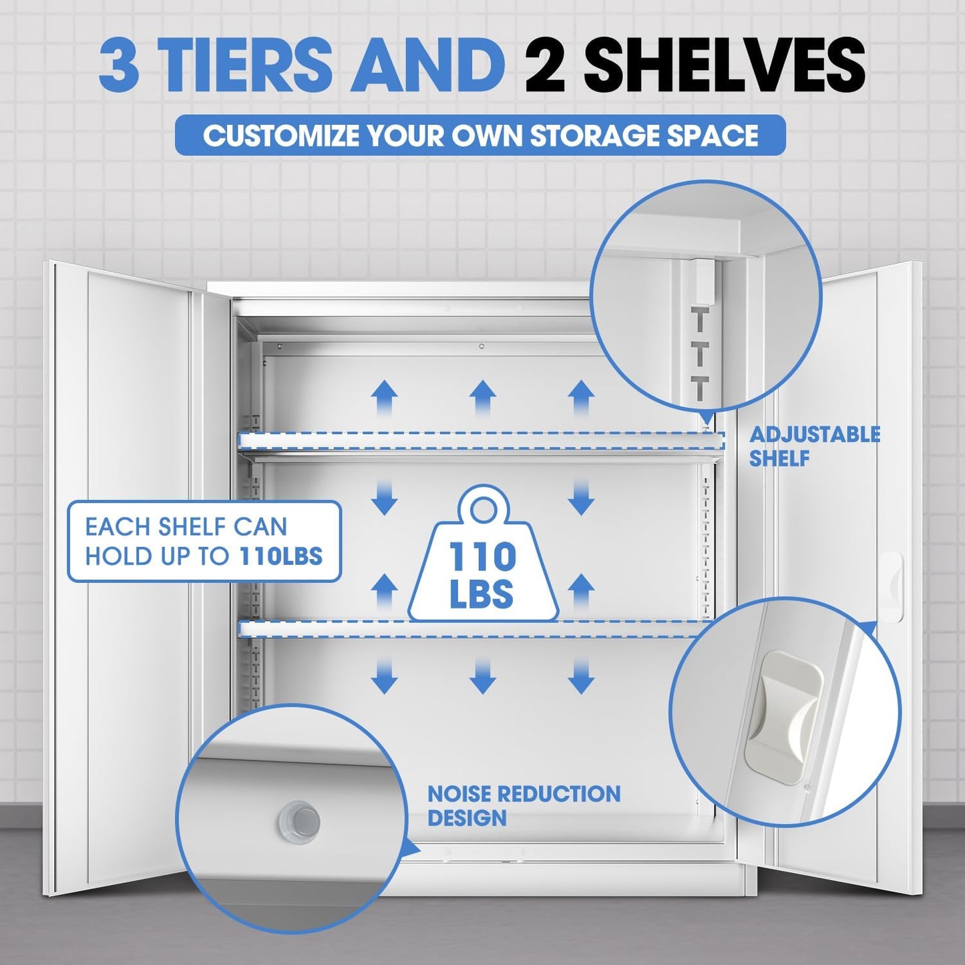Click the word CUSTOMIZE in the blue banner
(281, 136)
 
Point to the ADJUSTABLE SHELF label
(814, 446)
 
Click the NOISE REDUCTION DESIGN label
(524, 805)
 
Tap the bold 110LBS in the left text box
(280, 556)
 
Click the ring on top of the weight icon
(483, 510)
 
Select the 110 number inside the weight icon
(482, 556)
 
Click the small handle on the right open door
(892, 587)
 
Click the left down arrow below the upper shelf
(384, 497)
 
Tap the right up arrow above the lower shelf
(581, 591)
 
